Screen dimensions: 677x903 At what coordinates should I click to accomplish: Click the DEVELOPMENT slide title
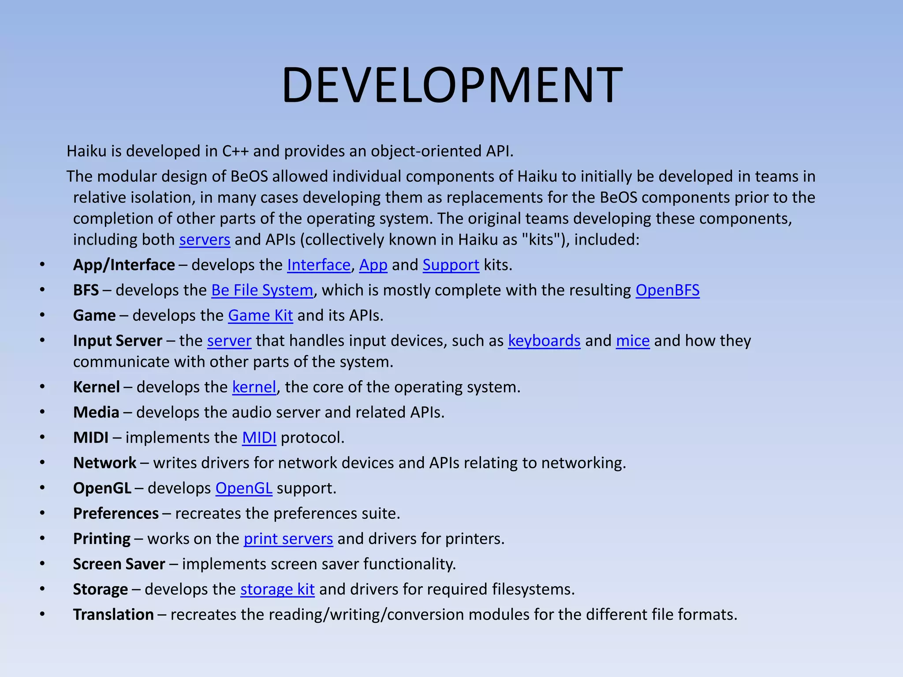[x=452, y=85]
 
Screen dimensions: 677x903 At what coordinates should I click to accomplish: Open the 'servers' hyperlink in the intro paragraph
[x=205, y=240]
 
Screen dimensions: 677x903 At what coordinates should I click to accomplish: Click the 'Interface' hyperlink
[x=319, y=265]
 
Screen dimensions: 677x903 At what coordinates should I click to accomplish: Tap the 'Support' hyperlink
[x=451, y=265]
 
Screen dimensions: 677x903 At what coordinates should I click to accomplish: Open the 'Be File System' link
[x=262, y=290]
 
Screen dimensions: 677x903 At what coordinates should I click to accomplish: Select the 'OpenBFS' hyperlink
[x=667, y=290]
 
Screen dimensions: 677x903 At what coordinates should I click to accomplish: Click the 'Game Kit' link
[x=260, y=316]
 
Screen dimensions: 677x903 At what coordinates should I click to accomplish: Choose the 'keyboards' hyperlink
[x=544, y=341]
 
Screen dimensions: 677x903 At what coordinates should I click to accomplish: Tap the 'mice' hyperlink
[x=633, y=341]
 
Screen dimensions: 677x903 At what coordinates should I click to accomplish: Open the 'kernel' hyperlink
[x=254, y=387]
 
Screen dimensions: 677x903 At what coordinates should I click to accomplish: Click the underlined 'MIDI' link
[x=259, y=438]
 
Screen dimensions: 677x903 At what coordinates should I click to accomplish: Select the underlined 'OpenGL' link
[x=243, y=488]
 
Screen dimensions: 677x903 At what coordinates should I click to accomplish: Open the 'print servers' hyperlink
[x=288, y=539]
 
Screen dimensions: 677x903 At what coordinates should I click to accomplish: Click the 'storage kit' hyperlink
[x=277, y=589]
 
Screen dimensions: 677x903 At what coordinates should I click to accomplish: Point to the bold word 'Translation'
[x=113, y=615]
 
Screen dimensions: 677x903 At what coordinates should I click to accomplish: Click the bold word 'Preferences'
[x=116, y=513]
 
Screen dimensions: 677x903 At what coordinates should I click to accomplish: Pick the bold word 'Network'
[x=104, y=463]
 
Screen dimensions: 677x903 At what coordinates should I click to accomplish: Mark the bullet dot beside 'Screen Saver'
[x=42, y=564]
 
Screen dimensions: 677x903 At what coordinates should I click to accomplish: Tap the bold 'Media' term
[x=96, y=412]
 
